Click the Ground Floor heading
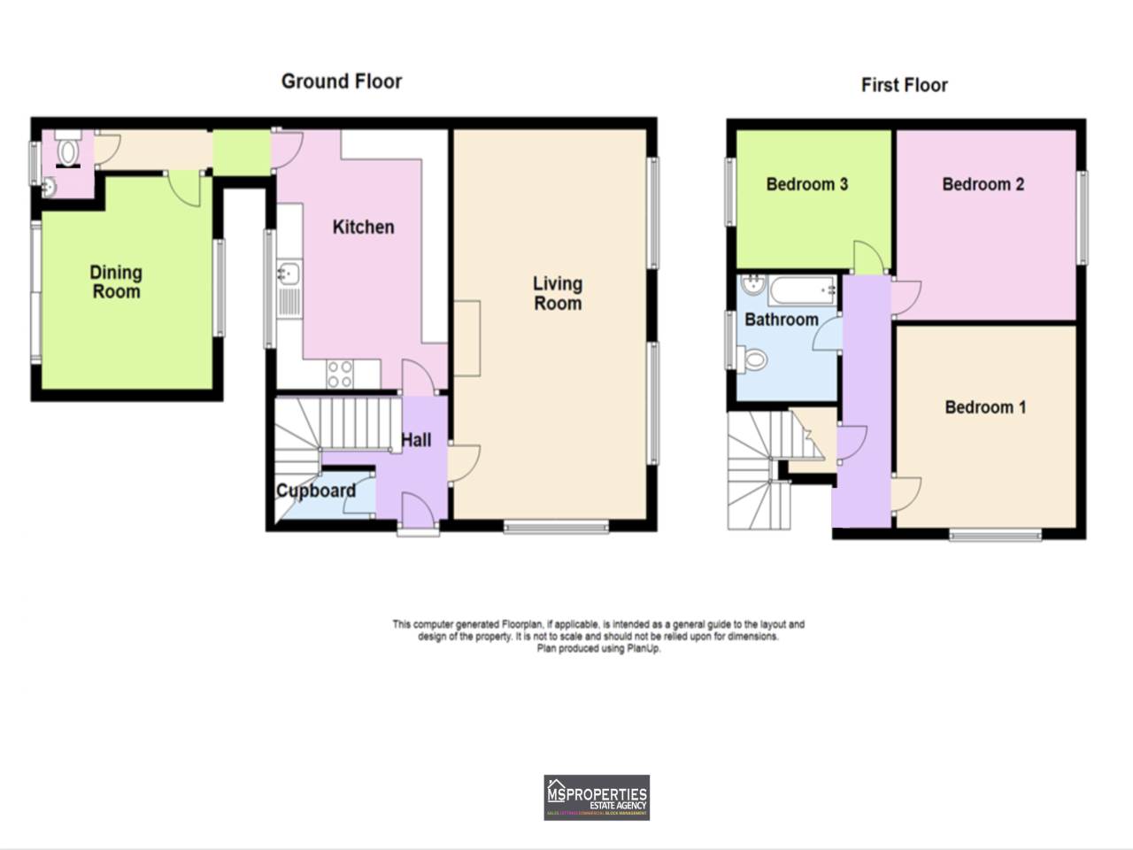pos(342,81)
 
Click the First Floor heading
pos(904,85)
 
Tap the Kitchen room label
pos(363,227)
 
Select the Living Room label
pos(557,293)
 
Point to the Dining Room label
pos(116,282)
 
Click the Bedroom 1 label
pos(985,407)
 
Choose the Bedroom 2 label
pos(983,184)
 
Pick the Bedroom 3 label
pos(806,184)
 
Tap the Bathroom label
pos(781,320)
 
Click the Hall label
pos(416,439)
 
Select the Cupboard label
pos(316,491)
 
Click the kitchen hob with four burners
pos(340,375)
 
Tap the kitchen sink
pos(289,274)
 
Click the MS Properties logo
pos(597,797)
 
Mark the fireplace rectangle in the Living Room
pos(467,338)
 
